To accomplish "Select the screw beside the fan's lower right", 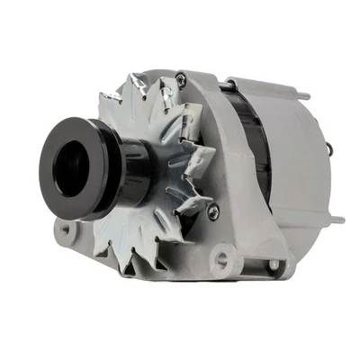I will [x=213, y=213].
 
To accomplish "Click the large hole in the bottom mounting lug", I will [x=222, y=260].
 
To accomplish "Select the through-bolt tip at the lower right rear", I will [x=337, y=219].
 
